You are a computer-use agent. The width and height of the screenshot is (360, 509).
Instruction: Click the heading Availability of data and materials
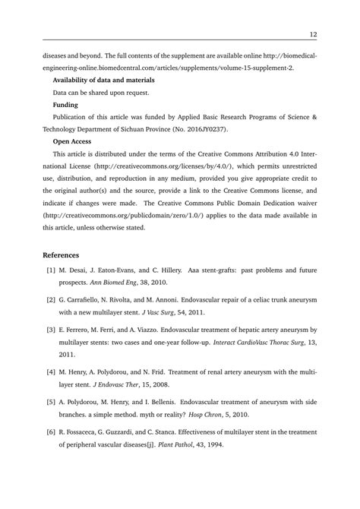[x=103, y=80]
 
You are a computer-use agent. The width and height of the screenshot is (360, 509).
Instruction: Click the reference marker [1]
[x=51, y=270]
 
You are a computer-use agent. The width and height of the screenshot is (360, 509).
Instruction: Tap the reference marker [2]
[x=51, y=301]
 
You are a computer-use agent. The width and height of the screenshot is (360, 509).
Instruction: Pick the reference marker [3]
[x=51, y=331]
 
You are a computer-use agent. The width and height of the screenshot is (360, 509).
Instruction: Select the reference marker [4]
[x=51, y=374]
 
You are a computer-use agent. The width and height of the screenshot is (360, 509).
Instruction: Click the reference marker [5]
[x=51, y=404]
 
